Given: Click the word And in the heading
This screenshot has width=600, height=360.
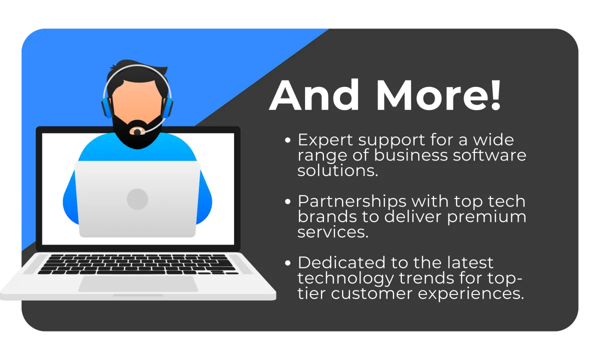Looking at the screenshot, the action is click(x=314, y=95).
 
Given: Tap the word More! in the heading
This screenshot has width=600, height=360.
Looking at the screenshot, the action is click(x=438, y=95).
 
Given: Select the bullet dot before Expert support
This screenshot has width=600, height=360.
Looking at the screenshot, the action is click(x=287, y=140).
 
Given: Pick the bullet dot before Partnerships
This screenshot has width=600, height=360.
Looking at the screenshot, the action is click(x=287, y=201).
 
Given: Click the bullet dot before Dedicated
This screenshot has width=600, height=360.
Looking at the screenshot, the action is click(x=287, y=263).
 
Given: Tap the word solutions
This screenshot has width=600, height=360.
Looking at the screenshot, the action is click(x=337, y=170).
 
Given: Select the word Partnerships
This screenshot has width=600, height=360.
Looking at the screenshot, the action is click(x=352, y=202).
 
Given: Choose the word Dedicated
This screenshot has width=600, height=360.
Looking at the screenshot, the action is click(x=341, y=262).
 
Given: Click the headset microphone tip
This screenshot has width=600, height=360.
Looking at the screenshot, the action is click(x=137, y=132).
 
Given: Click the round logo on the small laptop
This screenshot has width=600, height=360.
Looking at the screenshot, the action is click(x=137, y=199).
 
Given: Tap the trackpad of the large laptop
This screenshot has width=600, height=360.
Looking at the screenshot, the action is click(x=138, y=284).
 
